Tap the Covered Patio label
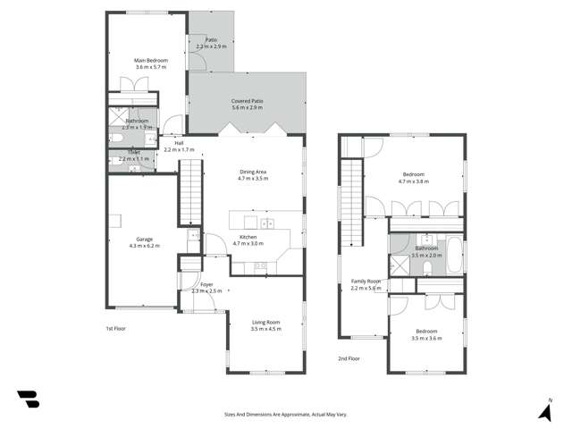247,101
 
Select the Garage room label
144,239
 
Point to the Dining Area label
254,172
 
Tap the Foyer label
206,284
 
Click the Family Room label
366,281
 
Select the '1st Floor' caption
115,329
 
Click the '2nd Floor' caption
349,358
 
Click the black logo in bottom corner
29,400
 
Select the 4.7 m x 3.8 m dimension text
414,181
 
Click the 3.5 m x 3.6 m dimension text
426,338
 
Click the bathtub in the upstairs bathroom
453,256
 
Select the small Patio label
212,39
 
